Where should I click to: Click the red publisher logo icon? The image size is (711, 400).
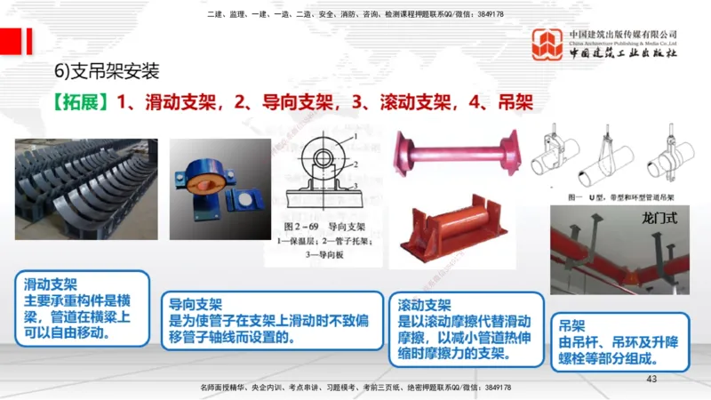[x=547, y=45]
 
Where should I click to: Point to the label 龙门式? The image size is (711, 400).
[x=659, y=217]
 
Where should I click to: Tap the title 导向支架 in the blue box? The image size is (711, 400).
[x=196, y=303]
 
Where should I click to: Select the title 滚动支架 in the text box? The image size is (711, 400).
[x=426, y=303]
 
